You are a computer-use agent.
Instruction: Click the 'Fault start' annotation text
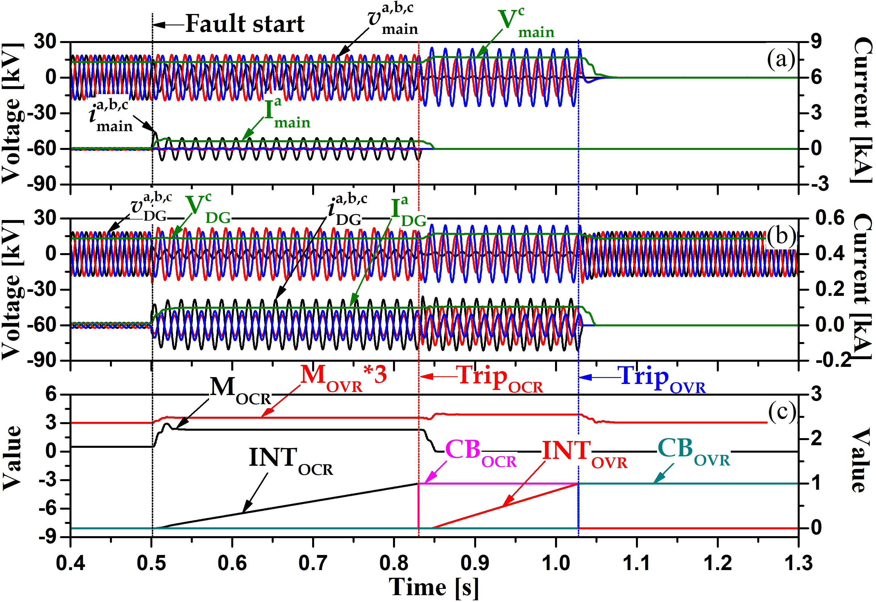[x=245, y=24]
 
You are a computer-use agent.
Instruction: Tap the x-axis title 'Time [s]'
[x=433, y=587]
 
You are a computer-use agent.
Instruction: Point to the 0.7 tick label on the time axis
[x=313, y=563]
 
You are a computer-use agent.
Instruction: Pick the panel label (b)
[x=781, y=237]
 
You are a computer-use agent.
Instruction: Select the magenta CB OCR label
[x=481, y=453]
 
